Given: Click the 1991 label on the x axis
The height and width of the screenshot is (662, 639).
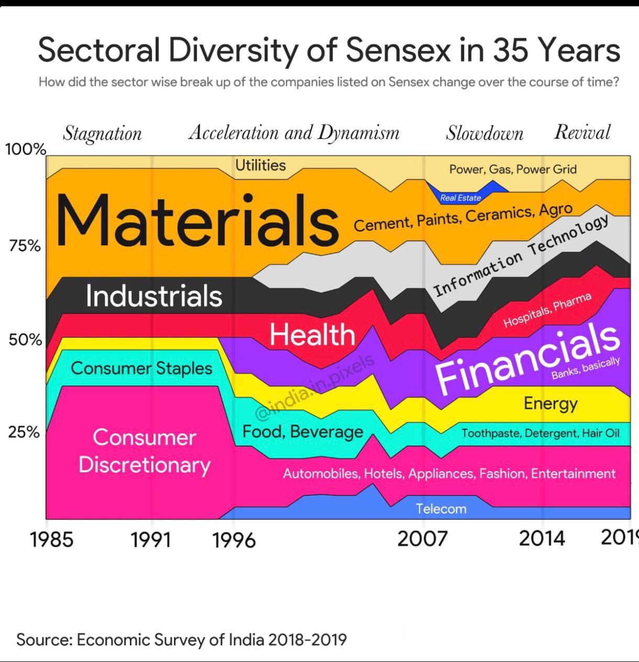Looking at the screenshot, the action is [150, 539].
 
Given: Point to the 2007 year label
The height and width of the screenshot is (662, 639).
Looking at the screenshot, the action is [422, 538].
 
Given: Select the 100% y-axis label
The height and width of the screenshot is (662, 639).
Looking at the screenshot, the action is [26, 149].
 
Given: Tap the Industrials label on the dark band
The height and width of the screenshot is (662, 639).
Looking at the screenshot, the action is [154, 296].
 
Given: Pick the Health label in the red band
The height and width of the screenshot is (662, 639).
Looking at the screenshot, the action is [312, 334].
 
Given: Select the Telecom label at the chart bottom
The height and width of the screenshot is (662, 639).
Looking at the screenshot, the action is [441, 509].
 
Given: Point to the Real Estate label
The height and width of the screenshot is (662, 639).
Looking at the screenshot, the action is [460, 198].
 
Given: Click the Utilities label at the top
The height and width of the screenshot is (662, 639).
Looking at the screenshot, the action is [260, 165].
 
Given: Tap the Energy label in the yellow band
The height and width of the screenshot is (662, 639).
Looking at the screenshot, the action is [550, 404].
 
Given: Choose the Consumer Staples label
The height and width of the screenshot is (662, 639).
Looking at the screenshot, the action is [141, 368].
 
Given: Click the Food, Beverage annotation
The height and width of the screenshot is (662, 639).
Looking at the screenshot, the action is [303, 432].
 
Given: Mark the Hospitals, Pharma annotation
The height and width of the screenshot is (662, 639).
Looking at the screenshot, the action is [547, 310].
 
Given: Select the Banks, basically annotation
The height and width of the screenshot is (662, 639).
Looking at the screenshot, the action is [586, 368].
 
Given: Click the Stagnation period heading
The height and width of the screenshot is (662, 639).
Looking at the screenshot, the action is [102, 134].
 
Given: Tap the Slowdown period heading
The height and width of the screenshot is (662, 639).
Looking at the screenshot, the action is [484, 133].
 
